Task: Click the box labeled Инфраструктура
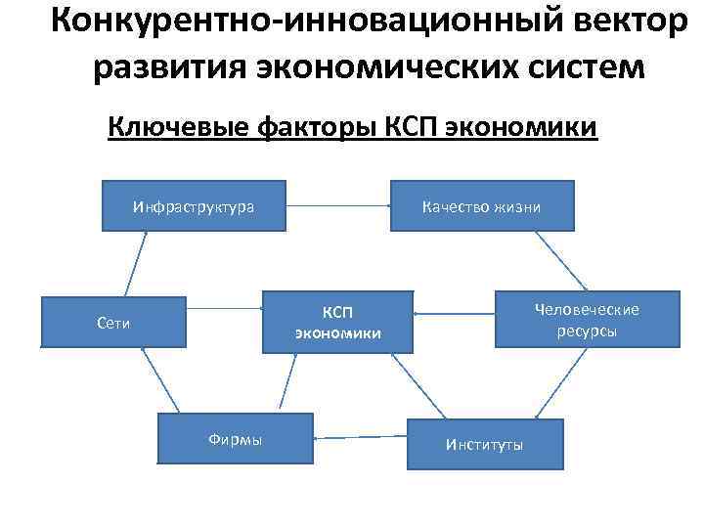[194, 206]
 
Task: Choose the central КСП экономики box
[337, 322]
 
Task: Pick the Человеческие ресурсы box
[587, 320]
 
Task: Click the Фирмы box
[235, 440]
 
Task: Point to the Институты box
[485, 445]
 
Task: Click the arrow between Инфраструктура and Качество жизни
[338, 206]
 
